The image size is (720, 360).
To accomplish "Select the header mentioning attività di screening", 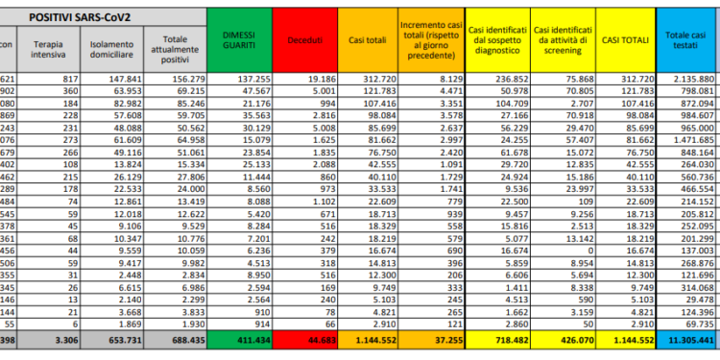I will pos(564,43).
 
